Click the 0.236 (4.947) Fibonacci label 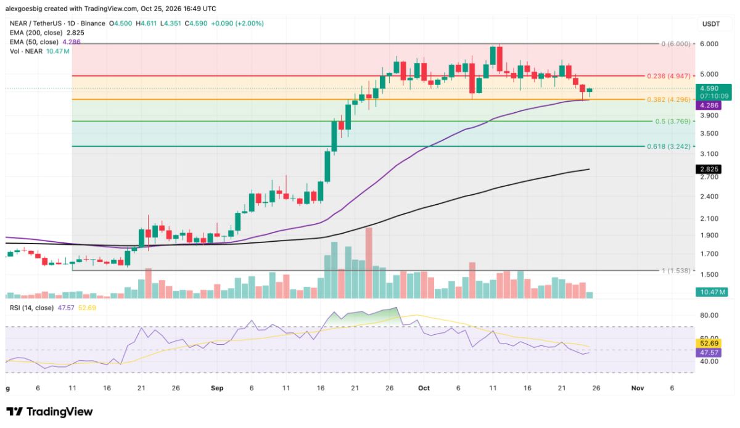coord(668,76)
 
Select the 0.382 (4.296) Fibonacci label coord(668,99)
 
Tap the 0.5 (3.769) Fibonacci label coord(673,121)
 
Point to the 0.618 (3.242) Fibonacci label coord(668,146)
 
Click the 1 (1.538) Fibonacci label coord(676,271)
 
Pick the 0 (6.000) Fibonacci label coord(676,44)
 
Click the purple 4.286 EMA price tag coord(709,105)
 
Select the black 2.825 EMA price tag coord(709,169)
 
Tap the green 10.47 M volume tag coord(711,292)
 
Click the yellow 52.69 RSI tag coord(709,344)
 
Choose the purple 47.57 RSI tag coord(709,353)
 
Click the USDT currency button coord(711,24)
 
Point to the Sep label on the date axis coord(217,388)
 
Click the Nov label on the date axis coord(637,388)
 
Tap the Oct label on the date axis coord(424,388)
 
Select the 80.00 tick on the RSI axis coord(709,315)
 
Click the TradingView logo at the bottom coord(49,412)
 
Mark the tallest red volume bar coord(369,263)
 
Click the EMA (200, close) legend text coord(36,33)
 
